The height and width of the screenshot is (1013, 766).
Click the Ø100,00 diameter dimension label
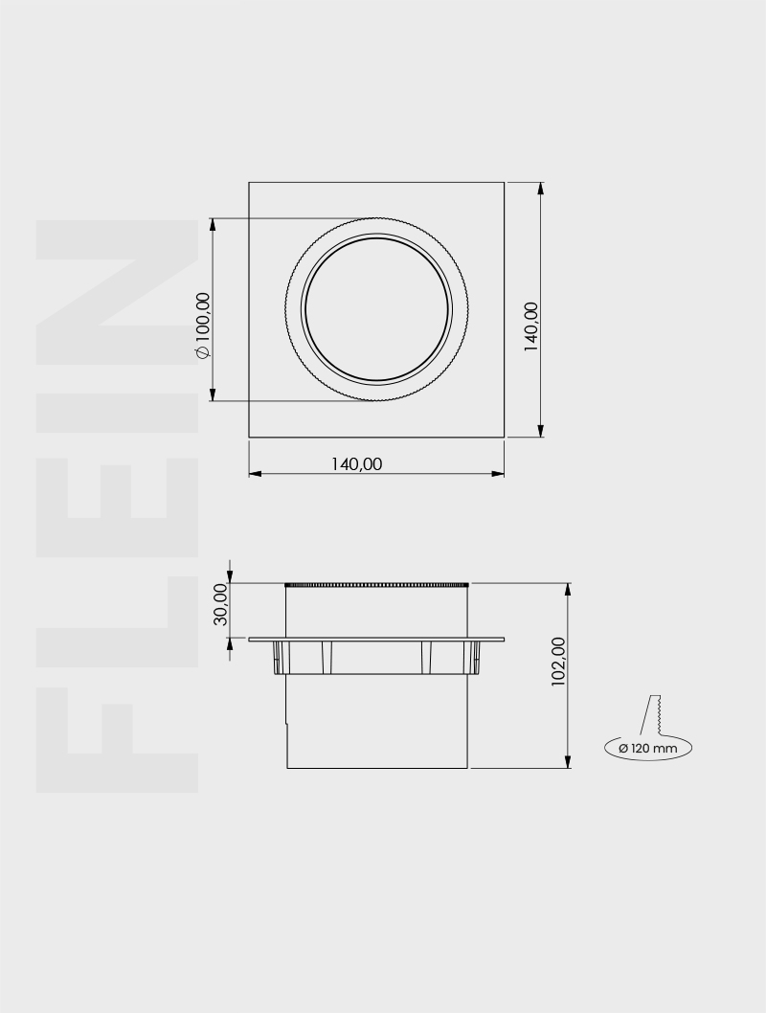click(202, 326)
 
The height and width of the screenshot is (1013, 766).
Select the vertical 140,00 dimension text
click(531, 327)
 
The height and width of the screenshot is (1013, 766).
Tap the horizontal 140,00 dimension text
click(356, 463)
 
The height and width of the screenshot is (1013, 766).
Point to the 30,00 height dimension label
click(220, 603)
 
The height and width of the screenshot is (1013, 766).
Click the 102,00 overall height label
click(559, 662)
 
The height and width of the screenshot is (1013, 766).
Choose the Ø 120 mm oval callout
click(648, 747)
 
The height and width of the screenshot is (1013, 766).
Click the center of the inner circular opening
click(376, 309)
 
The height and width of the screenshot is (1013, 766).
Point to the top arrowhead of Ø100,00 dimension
click(213, 224)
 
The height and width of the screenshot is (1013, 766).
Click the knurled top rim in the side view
click(376, 584)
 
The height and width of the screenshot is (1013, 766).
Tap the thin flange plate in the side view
click(376, 640)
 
